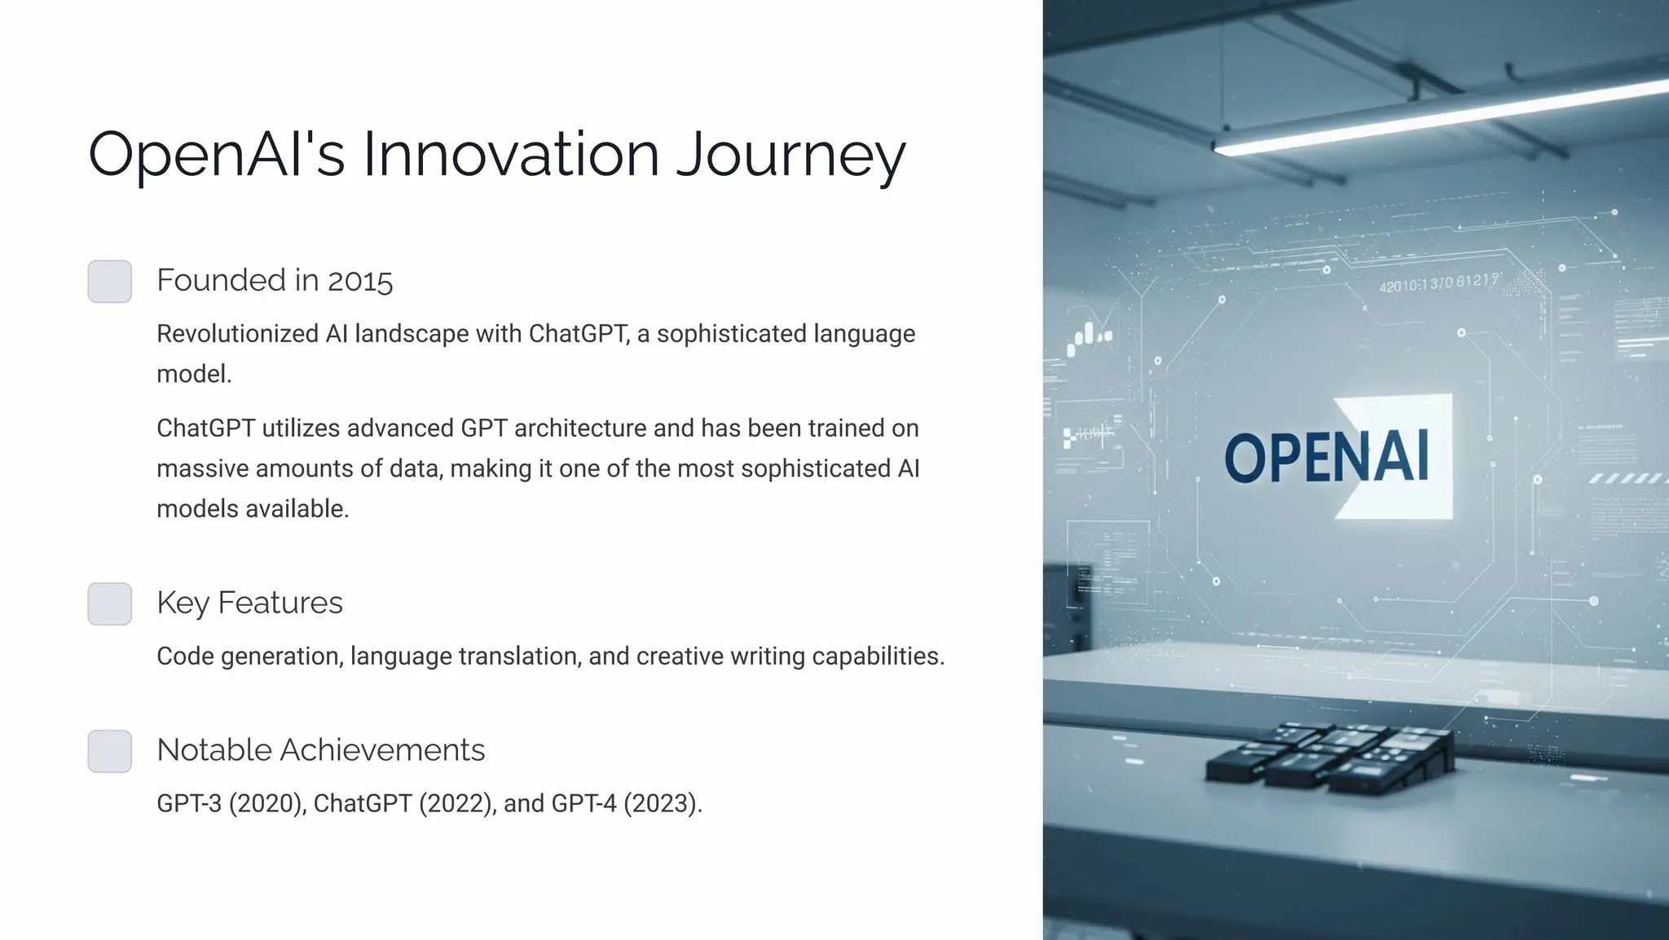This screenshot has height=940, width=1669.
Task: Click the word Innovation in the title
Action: point(511,155)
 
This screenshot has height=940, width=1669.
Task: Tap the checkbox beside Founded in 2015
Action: point(110,281)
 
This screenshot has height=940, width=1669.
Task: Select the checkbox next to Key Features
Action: point(110,604)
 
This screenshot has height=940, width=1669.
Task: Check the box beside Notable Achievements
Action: point(110,751)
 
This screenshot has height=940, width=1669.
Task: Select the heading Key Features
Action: point(249,603)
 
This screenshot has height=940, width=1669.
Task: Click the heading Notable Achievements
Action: point(320,750)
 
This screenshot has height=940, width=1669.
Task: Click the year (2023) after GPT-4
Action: point(662,804)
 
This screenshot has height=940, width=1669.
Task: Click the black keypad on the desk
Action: point(1328,758)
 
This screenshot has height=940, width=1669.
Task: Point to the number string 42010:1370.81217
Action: point(1438,283)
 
